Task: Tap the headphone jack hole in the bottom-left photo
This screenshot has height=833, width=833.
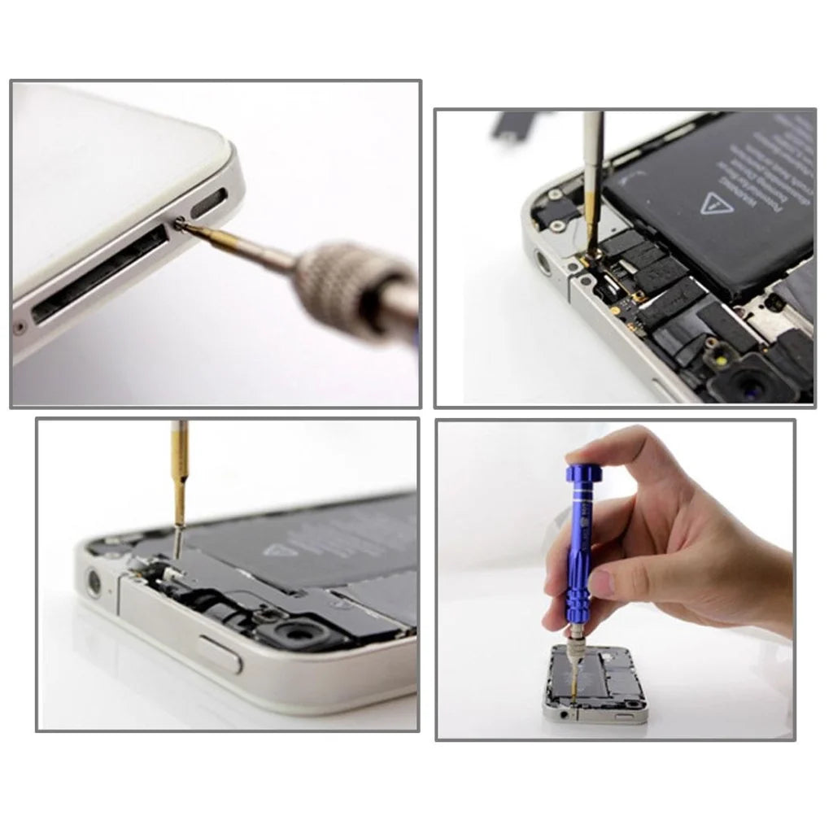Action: coord(94,582)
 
